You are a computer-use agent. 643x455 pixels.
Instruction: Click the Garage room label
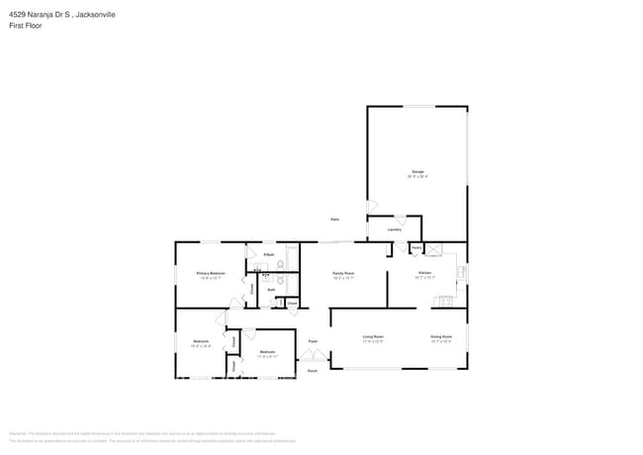[x=417, y=172]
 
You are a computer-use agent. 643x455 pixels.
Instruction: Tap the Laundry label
[x=394, y=229]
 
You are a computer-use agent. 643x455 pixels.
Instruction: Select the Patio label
[x=335, y=219]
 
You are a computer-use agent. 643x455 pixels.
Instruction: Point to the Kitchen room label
[x=424, y=272]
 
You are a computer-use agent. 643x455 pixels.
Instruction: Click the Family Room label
[x=343, y=272]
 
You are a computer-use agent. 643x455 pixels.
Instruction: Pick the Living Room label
[x=373, y=337]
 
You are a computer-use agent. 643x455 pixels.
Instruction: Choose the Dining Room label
[x=441, y=337]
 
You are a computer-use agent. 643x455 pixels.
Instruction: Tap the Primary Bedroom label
[x=211, y=273]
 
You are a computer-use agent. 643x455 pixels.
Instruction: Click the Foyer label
[x=313, y=340]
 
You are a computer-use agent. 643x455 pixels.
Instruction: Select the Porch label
[x=312, y=371]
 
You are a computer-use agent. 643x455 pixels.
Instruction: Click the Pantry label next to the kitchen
[x=416, y=246]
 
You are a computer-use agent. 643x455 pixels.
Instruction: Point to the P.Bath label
[x=268, y=255]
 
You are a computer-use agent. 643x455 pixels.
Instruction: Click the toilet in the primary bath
[x=280, y=263]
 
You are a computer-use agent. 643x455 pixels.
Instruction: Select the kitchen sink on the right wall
[x=461, y=270]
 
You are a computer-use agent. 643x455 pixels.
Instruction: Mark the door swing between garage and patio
[x=371, y=207]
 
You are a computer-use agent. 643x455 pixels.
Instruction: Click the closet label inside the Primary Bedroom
[x=250, y=288]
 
